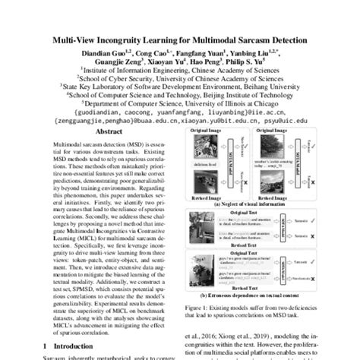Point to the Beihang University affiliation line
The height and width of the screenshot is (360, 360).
point(180,87)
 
